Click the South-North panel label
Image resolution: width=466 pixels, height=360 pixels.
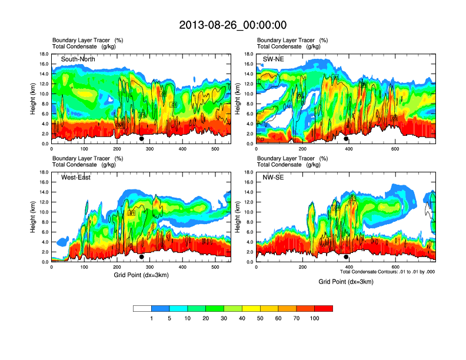(78, 59)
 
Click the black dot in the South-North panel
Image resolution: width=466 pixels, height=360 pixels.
(141, 139)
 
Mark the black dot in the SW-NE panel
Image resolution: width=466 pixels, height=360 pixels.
(346, 139)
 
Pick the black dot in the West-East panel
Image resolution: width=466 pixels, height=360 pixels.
(141, 257)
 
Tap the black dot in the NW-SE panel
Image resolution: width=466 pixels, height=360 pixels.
(346, 257)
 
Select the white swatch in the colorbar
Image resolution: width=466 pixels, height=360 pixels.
(142, 308)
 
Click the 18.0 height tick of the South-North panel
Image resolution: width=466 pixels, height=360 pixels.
(44, 54)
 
